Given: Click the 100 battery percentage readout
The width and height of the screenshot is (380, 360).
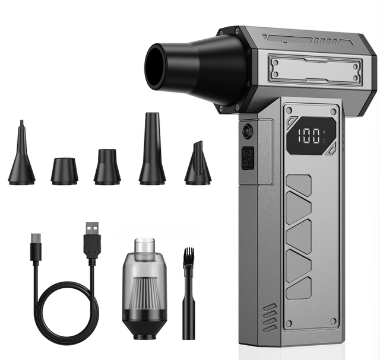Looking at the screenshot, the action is click(309, 136).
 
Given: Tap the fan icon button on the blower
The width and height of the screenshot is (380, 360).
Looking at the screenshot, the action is click(248, 158).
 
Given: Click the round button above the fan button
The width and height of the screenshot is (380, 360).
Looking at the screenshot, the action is click(247, 130).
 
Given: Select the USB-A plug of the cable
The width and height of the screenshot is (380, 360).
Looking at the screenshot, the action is click(92, 240).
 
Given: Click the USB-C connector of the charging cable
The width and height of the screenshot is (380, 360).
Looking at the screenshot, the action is click(36, 247).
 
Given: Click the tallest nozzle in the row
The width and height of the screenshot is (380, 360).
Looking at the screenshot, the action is click(152, 148).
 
